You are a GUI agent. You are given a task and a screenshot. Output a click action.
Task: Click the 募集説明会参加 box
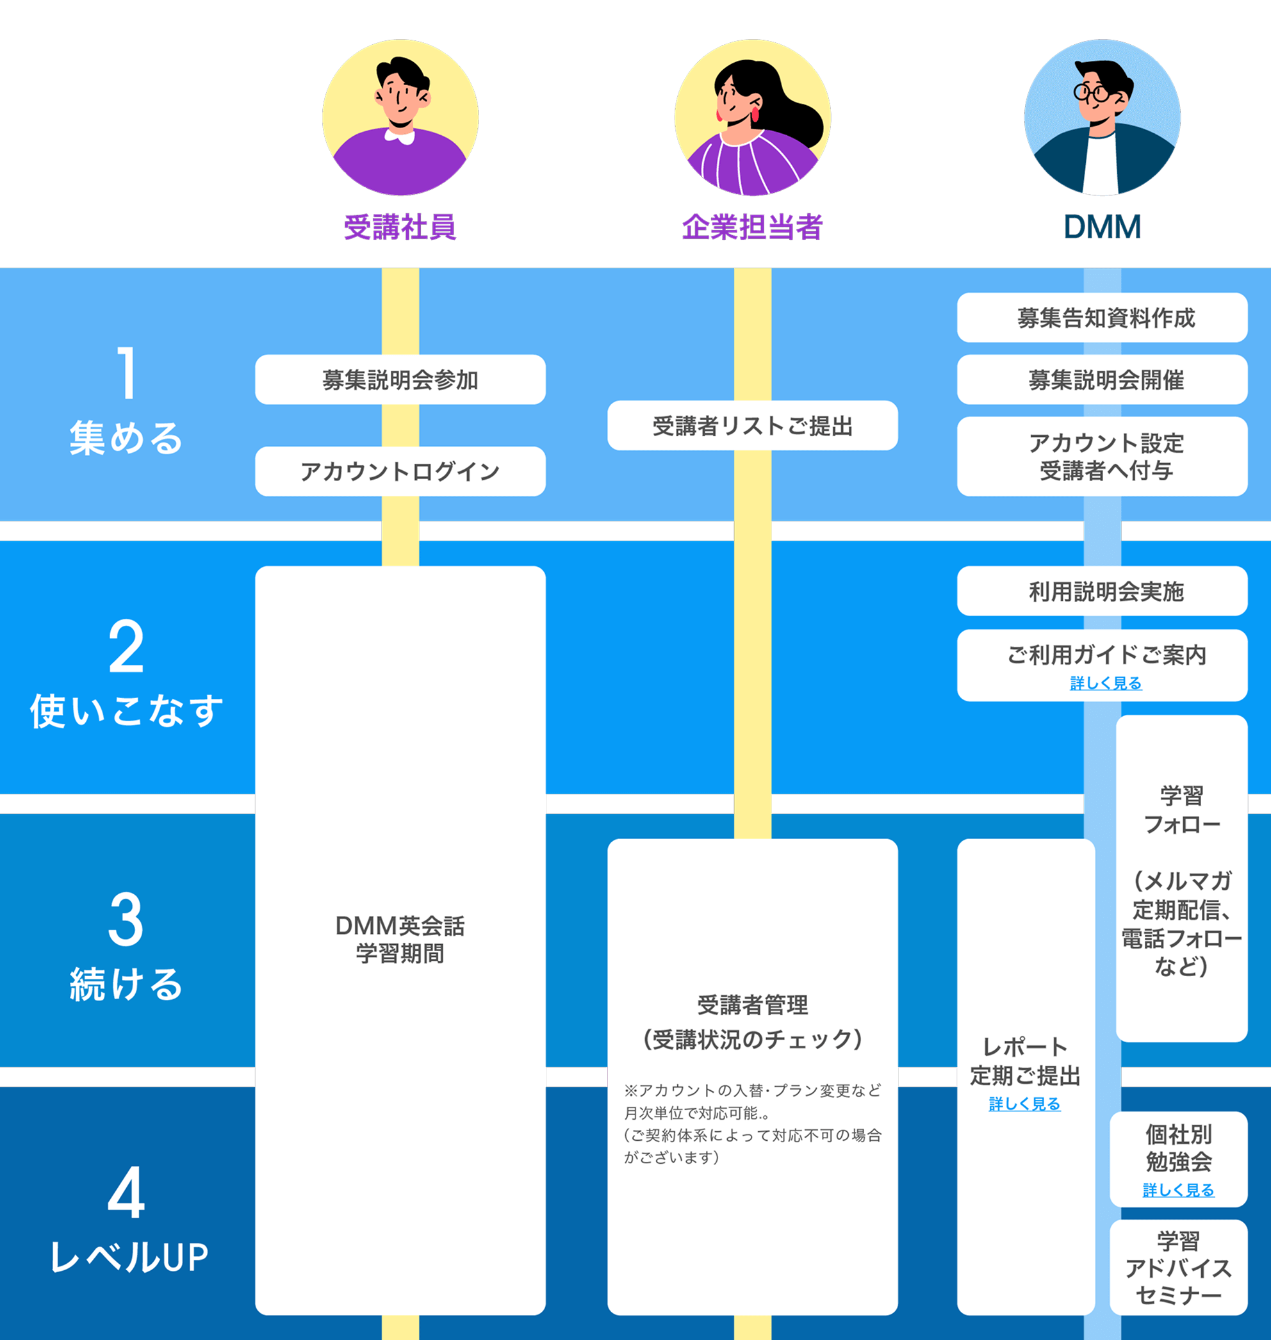400,379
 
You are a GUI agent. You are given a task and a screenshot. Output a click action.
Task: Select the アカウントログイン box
400,471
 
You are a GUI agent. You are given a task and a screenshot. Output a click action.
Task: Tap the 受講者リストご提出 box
752,425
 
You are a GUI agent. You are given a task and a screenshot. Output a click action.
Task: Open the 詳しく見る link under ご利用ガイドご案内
1106,683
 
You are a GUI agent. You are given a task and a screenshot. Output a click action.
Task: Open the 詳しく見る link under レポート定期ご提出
1024,1104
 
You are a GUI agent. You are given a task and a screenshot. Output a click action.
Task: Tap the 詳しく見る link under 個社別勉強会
1178,1189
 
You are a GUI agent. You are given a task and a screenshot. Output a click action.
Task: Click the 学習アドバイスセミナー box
1178,1268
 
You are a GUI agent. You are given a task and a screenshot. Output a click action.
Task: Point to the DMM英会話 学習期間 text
400,939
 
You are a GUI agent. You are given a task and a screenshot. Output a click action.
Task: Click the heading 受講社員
400,227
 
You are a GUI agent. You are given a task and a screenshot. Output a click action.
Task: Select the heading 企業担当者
752,227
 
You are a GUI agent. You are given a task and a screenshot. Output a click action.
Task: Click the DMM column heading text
1103,227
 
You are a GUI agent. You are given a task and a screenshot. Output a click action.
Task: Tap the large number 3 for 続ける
126,920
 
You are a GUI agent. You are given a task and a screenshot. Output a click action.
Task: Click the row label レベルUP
129,1257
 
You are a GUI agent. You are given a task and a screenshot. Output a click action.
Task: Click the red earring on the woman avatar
755,114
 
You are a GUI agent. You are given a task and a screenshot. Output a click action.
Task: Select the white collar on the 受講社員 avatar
400,138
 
